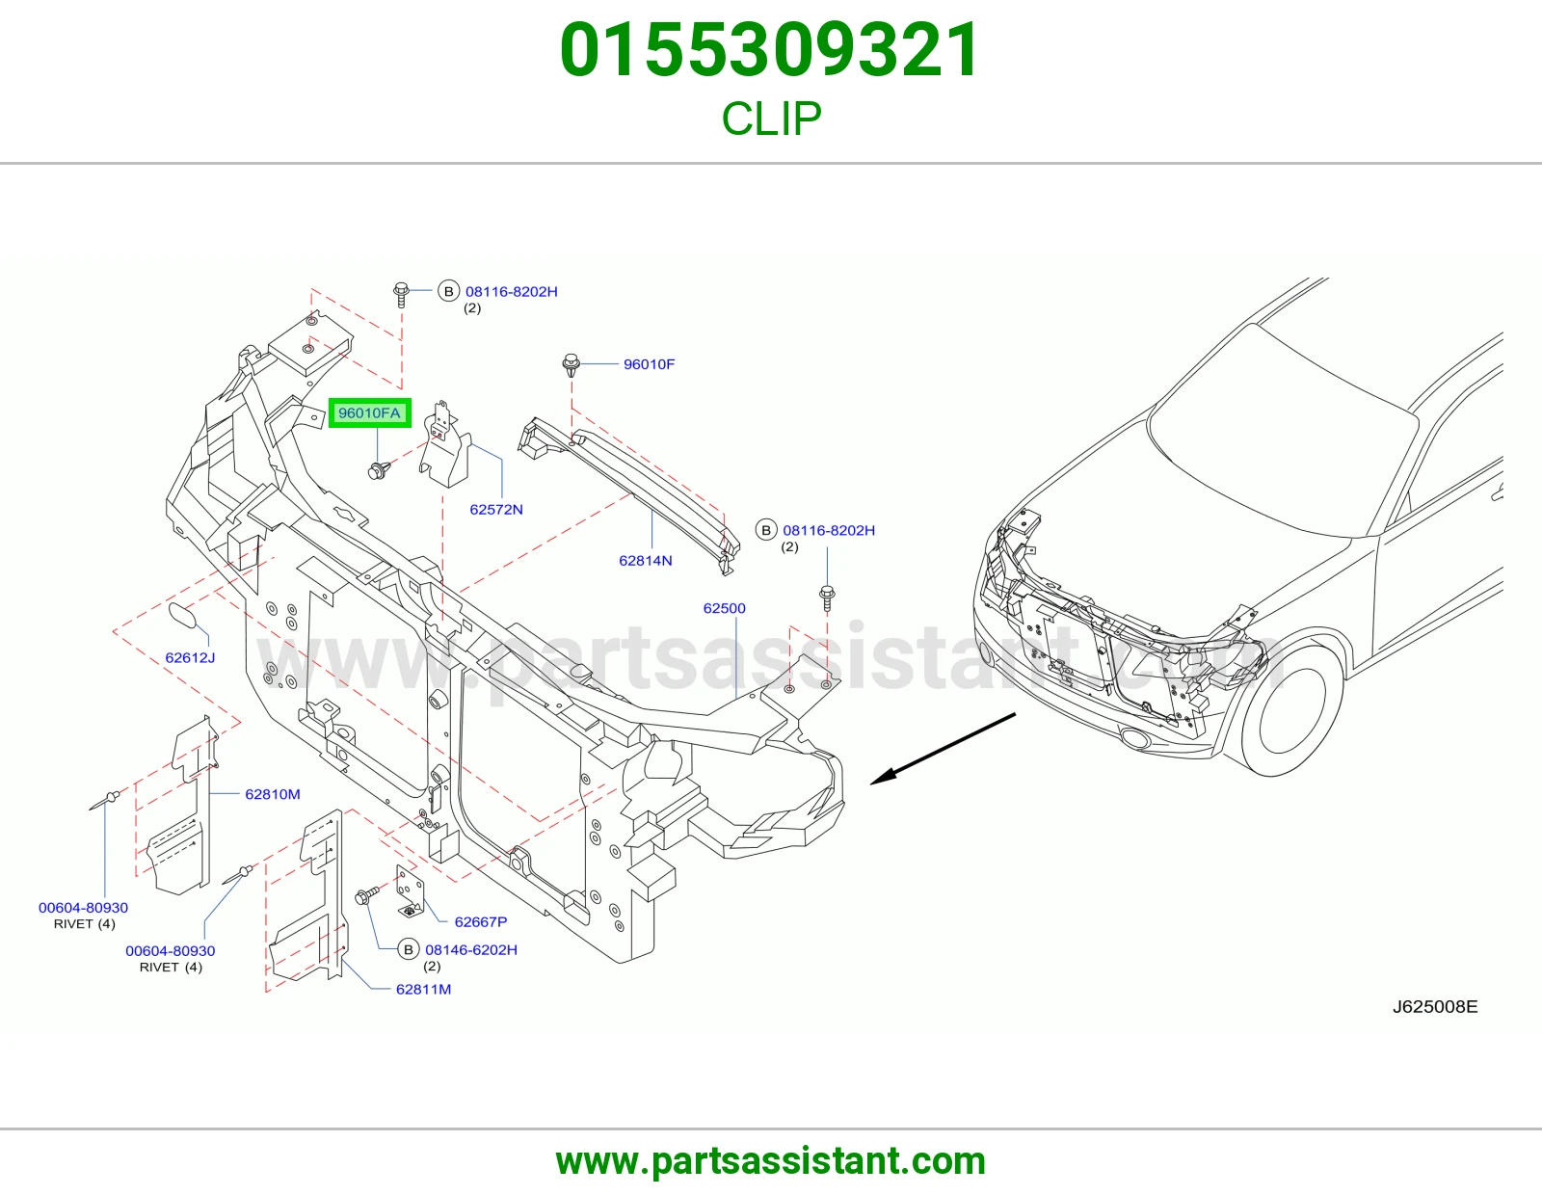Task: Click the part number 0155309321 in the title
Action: (770, 50)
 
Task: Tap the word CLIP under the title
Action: (771, 118)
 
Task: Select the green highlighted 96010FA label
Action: (370, 413)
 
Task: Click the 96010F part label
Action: (649, 364)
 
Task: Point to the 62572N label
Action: (496, 510)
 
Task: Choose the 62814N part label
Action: (645, 561)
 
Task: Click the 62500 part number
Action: (724, 608)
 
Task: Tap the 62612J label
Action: (190, 658)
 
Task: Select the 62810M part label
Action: (273, 794)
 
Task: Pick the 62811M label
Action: (423, 989)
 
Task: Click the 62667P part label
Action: (480, 922)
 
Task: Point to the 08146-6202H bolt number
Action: (471, 949)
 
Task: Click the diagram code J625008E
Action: (1435, 1006)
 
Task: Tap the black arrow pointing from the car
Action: (944, 749)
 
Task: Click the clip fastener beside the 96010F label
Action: (572, 365)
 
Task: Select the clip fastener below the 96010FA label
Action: (379, 469)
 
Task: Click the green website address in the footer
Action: (771, 1161)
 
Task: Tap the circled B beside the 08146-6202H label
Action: (408, 949)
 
